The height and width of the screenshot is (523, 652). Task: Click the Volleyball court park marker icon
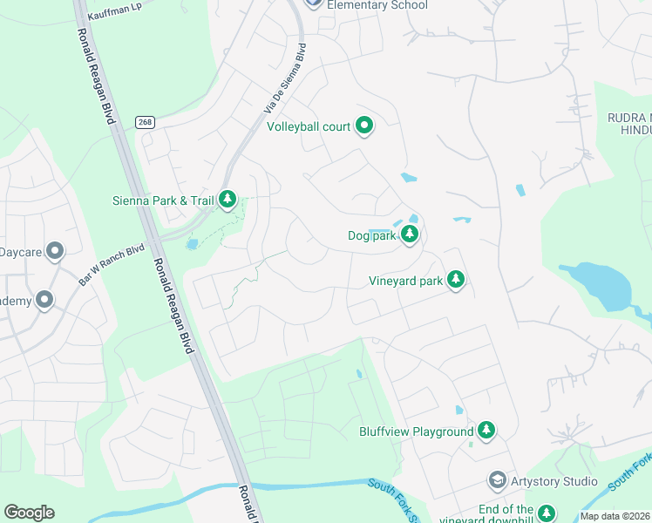pyautogui.click(x=364, y=126)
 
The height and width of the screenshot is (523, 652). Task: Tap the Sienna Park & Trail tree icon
pyautogui.click(x=228, y=200)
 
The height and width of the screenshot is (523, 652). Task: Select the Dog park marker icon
pyautogui.click(x=408, y=235)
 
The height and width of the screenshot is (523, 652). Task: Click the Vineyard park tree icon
pyautogui.click(x=455, y=280)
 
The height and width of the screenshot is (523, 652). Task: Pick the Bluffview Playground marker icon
pyautogui.click(x=486, y=431)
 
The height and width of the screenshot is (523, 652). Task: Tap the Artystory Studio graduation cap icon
pyautogui.click(x=497, y=481)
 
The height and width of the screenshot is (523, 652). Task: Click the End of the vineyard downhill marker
pyautogui.click(x=547, y=513)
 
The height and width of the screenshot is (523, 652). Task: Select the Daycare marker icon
pyautogui.click(x=55, y=253)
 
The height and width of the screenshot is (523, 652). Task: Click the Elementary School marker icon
pyautogui.click(x=315, y=3)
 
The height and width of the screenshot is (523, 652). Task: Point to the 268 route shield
pyautogui.click(x=145, y=123)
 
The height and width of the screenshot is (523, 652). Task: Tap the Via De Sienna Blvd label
pyautogui.click(x=286, y=79)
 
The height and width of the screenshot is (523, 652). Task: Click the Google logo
pyautogui.click(x=29, y=513)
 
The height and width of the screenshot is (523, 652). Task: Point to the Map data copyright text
pyautogui.click(x=615, y=516)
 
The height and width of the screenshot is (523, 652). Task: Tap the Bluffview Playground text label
pyautogui.click(x=417, y=431)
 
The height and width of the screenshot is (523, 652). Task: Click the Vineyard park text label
pyautogui.click(x=405, y=281)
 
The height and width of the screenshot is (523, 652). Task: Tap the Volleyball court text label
pyautogui.click(x=309, y=126)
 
